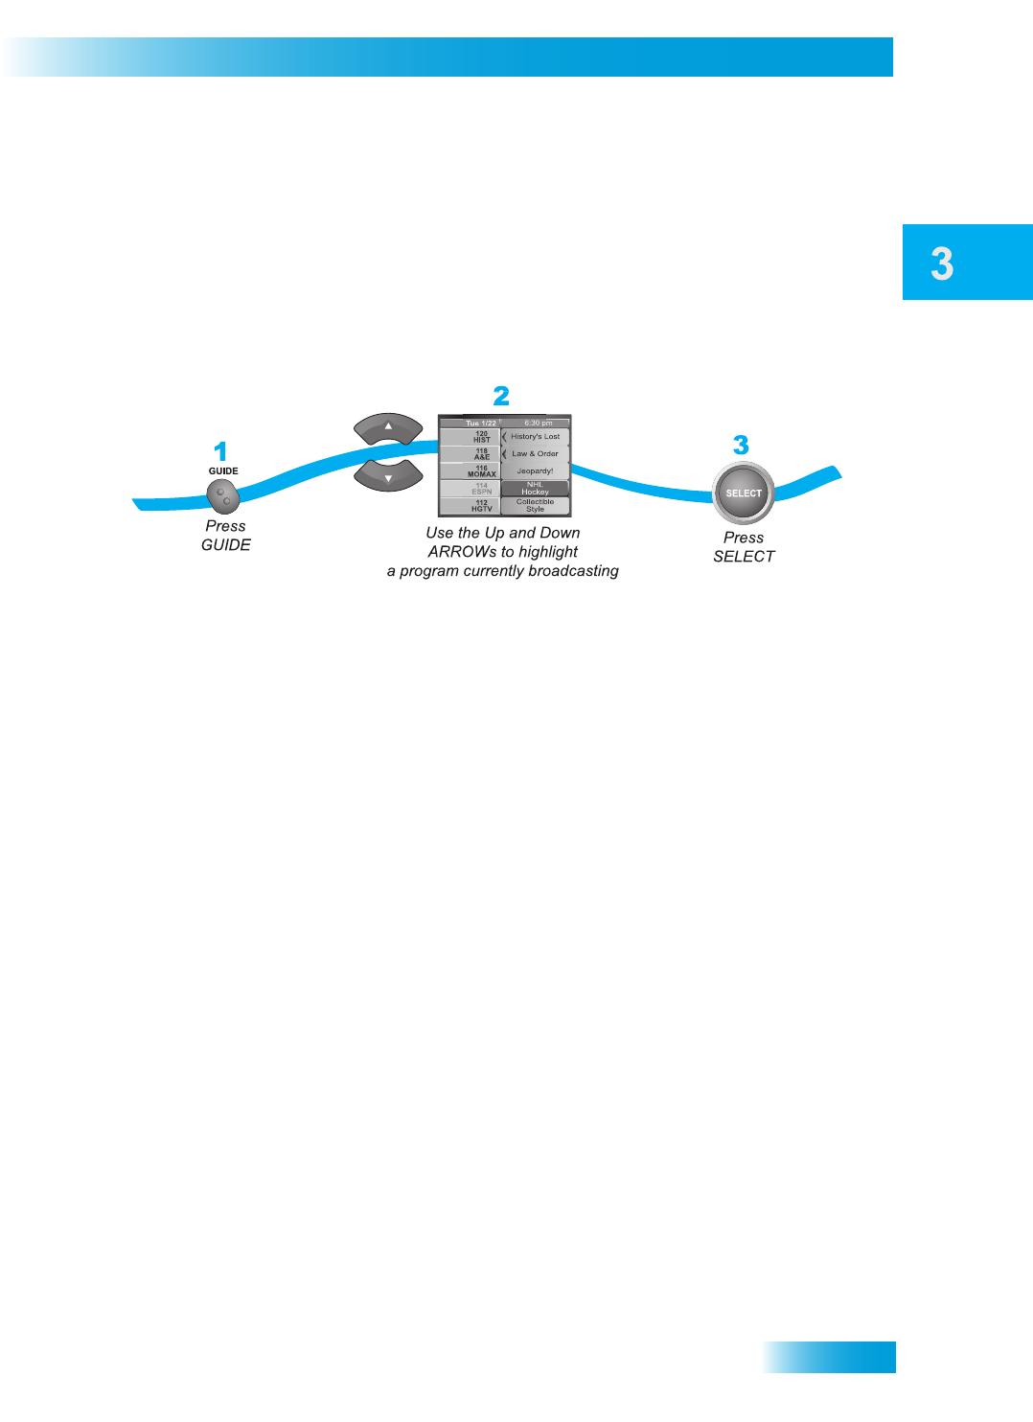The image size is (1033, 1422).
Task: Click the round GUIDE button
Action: click(222, 496)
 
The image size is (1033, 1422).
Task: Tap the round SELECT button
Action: click(744, 493)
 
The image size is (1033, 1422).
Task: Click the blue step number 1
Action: click(220, 451)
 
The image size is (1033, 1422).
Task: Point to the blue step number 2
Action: click(501, 396)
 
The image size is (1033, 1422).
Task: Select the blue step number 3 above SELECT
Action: click(741, 445)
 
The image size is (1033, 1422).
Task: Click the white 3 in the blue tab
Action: click(942, 264)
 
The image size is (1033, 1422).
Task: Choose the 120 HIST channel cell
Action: click(471, 437)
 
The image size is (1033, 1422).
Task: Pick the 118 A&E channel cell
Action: click(471, 454)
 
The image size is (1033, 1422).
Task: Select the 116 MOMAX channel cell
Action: click(471, 471)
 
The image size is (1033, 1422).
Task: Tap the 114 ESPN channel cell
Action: click(471, 489)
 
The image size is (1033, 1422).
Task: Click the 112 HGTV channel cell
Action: click(471, 506)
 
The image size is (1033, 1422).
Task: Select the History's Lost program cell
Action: click(536, 437)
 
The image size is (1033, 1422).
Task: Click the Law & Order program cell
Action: click(536, 454)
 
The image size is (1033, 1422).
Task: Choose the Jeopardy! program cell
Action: click(536, 471)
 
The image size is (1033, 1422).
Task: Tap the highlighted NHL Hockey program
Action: click(536, 489)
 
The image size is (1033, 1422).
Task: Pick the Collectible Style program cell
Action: click(536, 506)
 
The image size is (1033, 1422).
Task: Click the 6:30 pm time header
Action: click(538, 423)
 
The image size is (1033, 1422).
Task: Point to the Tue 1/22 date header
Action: click(480, 423)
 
